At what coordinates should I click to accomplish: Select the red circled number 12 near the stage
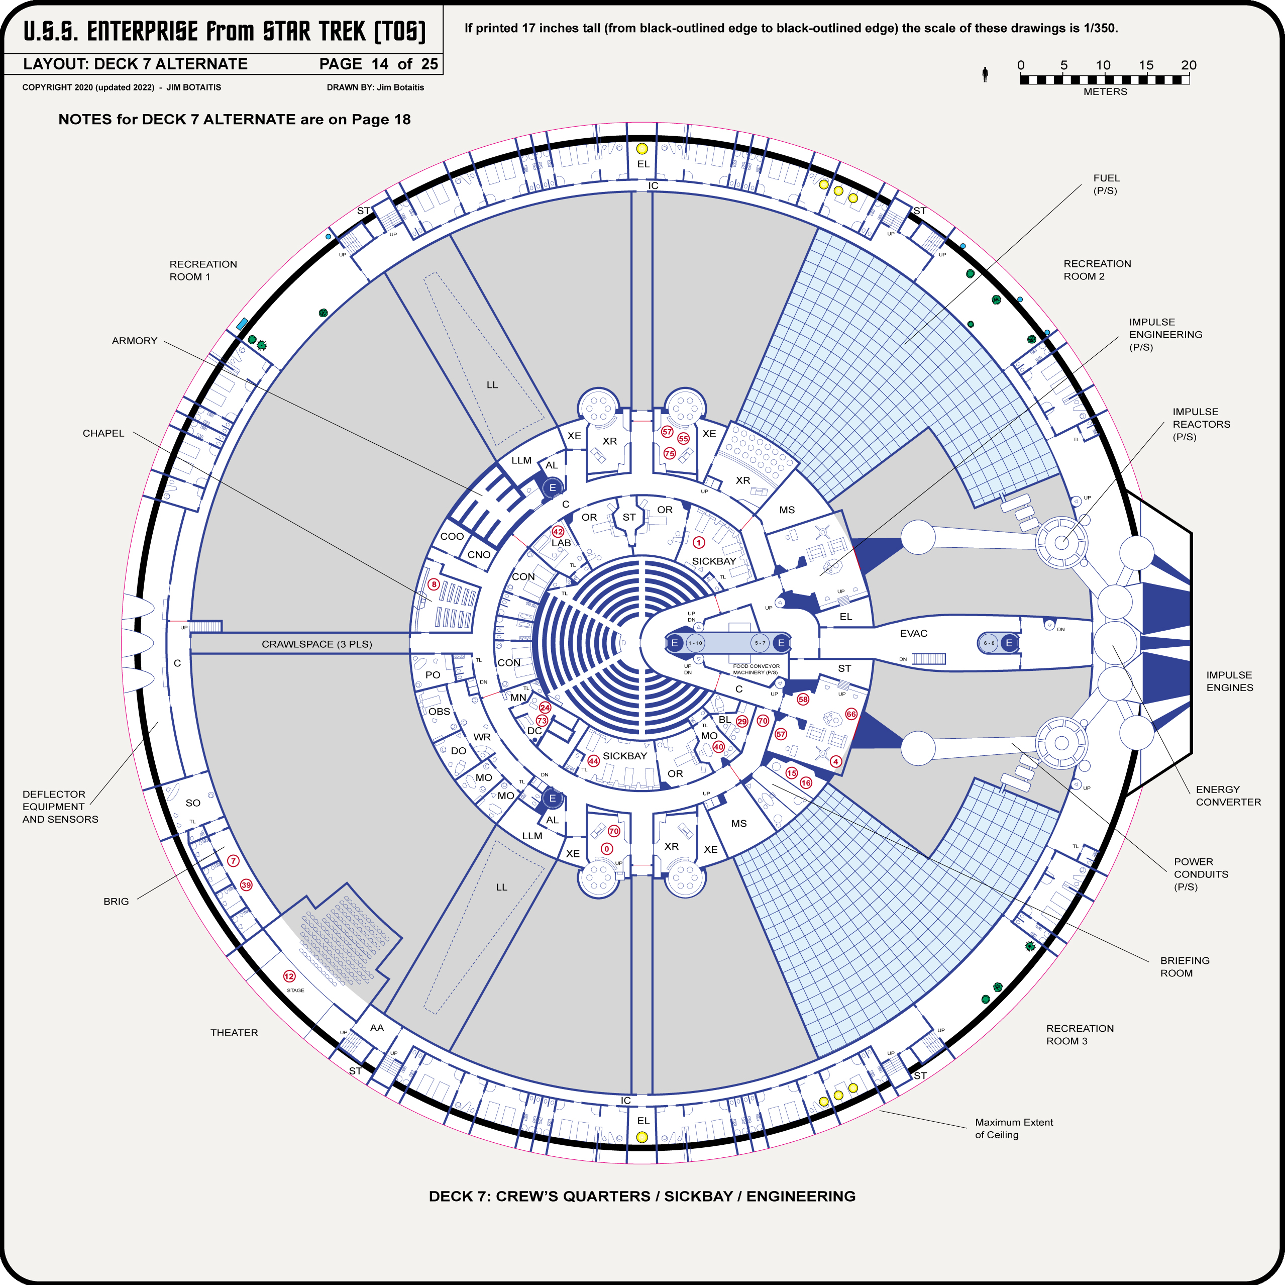pyautogui.click(x=289, y=976)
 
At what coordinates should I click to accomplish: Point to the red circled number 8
pyautogui.click(x=434, y=584)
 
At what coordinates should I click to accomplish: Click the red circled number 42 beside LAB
pyautogui.click(x=558, y=532)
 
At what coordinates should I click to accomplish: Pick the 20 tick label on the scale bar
pyautogui.click(x=1189, y=65)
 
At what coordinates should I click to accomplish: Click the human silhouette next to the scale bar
pyautogui.click(x=985, y=74)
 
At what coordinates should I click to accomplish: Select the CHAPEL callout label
pyautogui.click(x=103, y=433)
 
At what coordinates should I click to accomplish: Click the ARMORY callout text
pyautogui.click(x=134, y=341)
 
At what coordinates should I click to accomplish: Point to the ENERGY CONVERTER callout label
pyautogui.click(x=1228, y=795)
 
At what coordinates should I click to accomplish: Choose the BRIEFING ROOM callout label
pyautogui.click(x=1185, y=966)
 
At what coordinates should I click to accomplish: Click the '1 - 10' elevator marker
pyautogui.click(x=695, y=643)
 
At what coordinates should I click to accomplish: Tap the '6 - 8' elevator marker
pyautogui.click(x=989, y=643)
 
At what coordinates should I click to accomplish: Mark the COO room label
pyautogui.click(x=452, y=536)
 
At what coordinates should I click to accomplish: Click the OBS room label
pyautogui.click(x=439, y=712)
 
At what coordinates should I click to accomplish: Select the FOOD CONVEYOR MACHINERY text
pyautogui.click(x=756, y=669)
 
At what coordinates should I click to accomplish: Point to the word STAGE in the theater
pyautogui.click(x=295, y=990)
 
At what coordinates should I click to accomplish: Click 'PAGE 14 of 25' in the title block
pyautogui.click(x=378, y=64)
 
